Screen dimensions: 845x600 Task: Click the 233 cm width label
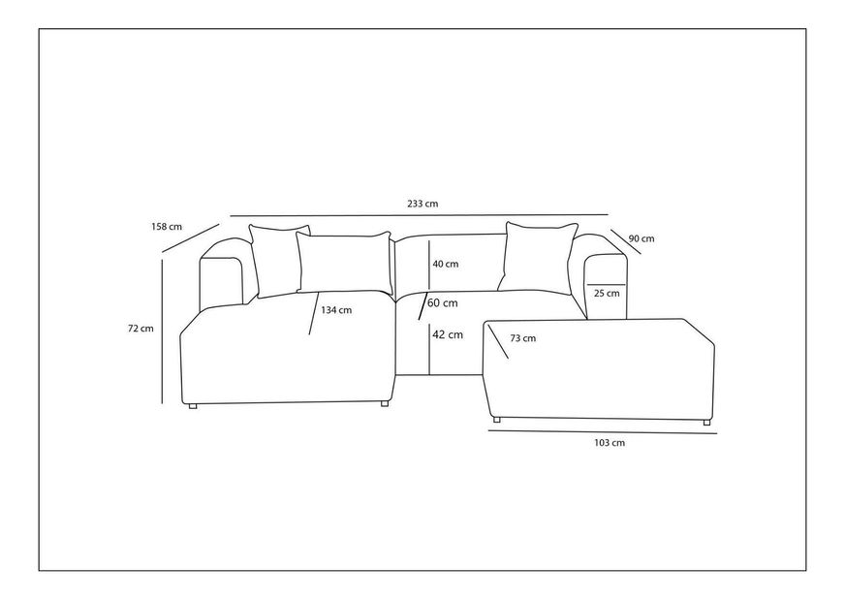(422, 204)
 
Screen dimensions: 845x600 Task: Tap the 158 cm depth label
(166, 227)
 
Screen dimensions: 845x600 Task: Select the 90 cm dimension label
(642, 238)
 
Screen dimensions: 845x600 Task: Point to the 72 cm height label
(141, 329)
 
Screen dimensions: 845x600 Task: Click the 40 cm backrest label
(446, 265)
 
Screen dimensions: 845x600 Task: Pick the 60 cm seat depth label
(443, 303)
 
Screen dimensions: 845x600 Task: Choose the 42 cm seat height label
(448, 334)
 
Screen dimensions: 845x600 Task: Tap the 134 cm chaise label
(336, 310)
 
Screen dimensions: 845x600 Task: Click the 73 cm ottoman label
(522, 338)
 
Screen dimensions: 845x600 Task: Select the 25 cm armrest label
(607, 294)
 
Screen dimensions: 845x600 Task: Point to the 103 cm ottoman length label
(610, 443)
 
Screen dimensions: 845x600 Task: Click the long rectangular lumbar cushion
(344, 263)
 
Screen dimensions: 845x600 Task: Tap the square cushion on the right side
(537, 258)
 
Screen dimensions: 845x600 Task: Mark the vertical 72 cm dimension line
(162, 331)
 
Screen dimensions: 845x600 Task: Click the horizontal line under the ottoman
(603, 431)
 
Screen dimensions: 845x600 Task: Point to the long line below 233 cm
(420, 214)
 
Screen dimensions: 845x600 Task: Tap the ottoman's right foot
(706, 423)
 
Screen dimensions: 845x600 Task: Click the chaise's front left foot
(193, 406)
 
